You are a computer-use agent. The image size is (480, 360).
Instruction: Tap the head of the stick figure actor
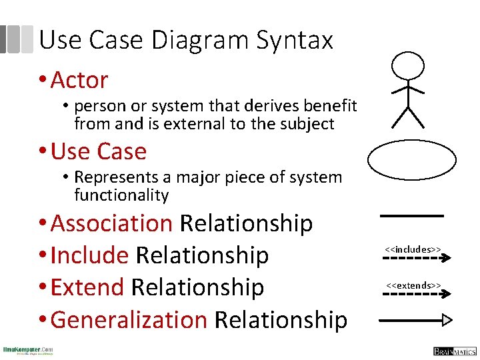(x=407, y=66)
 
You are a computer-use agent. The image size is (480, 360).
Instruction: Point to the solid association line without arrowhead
(x=411, y=215)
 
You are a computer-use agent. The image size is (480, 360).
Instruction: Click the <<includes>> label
(x=413, y=249)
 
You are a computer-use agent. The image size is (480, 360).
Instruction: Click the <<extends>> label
(x=413, y=285)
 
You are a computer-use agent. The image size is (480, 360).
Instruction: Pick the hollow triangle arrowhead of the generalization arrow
(x=447, y=320)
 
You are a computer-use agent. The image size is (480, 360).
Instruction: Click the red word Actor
(x=79, y=80)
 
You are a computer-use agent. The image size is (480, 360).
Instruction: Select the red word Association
(x=111, y=223)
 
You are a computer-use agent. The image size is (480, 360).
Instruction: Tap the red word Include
(x=89, y=255)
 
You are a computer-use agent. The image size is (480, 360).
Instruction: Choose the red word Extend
(x=87, y=287)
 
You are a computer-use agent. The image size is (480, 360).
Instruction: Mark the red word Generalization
(x=129, y=320)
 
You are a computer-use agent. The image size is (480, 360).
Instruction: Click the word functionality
(x=121, y=195)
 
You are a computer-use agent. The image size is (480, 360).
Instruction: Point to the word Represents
(x=113, y=178)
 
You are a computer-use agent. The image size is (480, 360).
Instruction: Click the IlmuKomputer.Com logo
(x=28, y=351)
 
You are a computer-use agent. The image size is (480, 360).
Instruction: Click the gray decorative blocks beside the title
(x=17, y=39)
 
